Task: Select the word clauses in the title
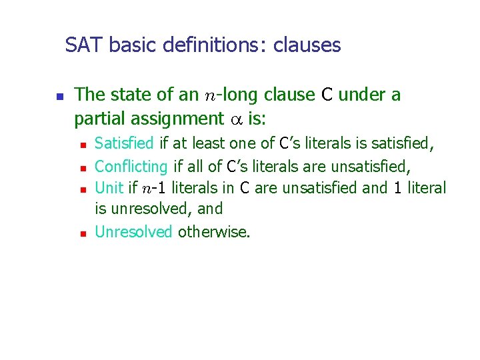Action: pos(307,45)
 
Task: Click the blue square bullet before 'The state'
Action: pos(59,97)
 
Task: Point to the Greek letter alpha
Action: pos(236,120)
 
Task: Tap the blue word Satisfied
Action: pos(125,143)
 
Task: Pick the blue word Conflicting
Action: pos(132,165)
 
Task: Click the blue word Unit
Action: pos(109,187)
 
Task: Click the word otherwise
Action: pos(214,232)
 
